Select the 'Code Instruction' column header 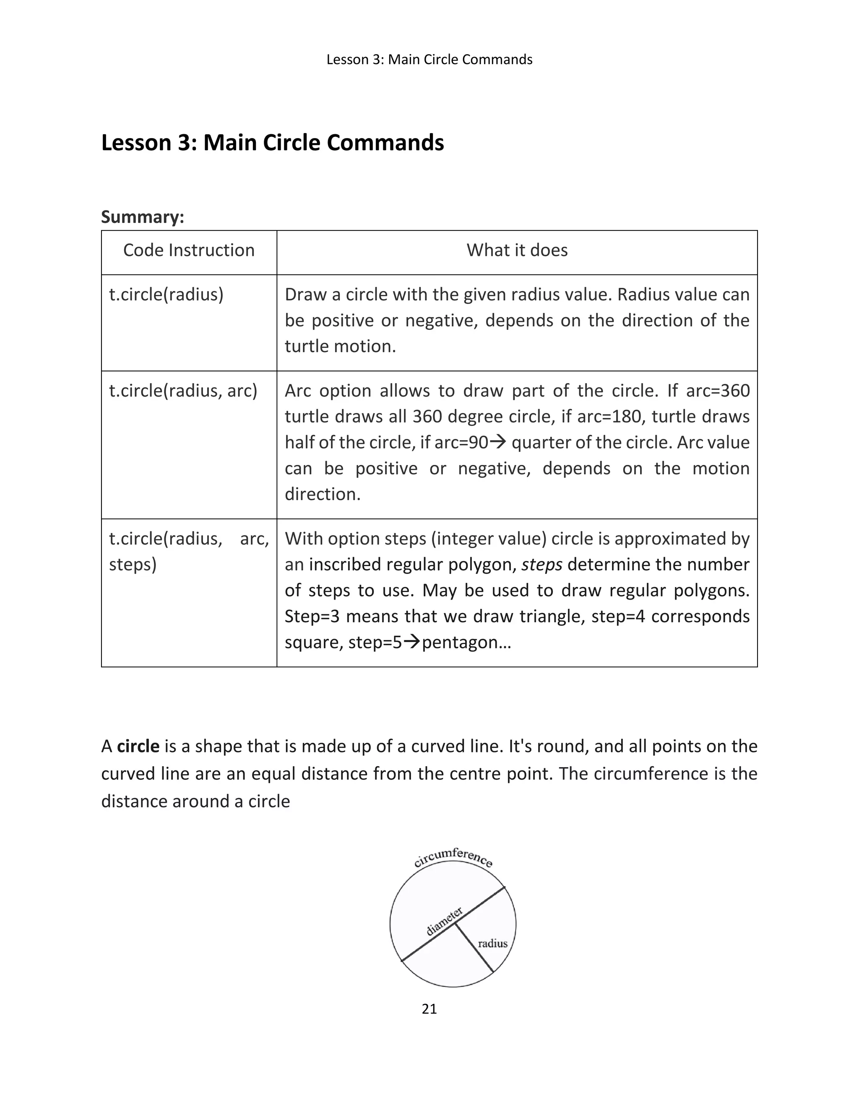tap(189, 250)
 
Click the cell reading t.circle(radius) tap(167, 295)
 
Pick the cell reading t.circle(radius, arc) tap(183, 391)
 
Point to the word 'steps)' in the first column tap(132, 565)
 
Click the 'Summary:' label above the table tap(143, 217)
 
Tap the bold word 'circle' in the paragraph tap(138, 747)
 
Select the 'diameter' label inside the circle tap(444, 921)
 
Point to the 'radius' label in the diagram tap(492, 943)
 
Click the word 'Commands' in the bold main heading tap(385, 143)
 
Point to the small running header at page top tap(429, 60)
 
